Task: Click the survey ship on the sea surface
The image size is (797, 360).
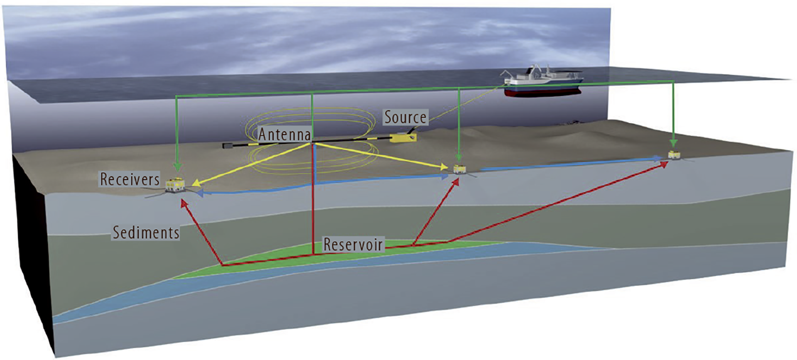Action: coord(542,82)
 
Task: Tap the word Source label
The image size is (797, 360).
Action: coord(405,118)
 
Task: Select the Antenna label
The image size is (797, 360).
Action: coord(284,135)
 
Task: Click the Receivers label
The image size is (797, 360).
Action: coord(130,179)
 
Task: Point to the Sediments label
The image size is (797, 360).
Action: coord(146,233)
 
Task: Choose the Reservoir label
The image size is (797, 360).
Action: coord(353,245)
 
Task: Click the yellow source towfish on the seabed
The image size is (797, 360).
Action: coord(403,137)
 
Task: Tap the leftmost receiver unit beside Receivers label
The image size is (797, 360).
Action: coord(175,185)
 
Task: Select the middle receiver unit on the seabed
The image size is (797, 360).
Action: coord(459,169)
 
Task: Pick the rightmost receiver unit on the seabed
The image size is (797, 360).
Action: coord(674,155)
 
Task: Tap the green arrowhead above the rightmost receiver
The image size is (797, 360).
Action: coord(673,144)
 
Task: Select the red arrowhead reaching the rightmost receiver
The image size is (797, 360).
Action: coord(664,164)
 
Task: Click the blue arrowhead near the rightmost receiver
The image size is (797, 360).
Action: coord(658,159)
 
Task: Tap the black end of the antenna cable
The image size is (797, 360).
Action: coord(226,146)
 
